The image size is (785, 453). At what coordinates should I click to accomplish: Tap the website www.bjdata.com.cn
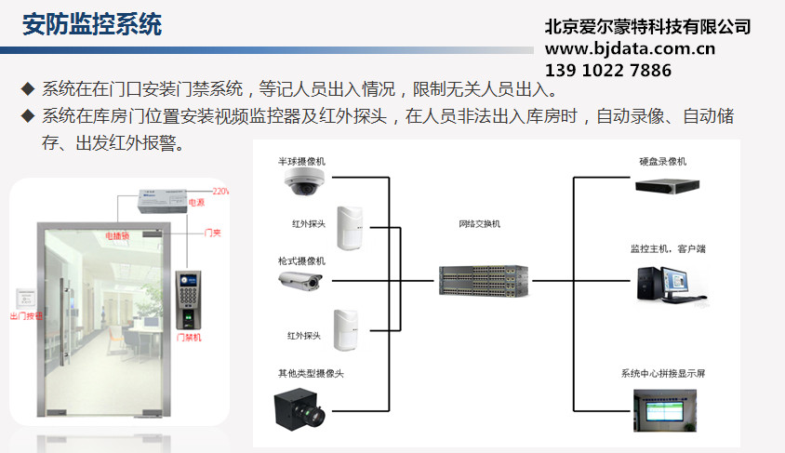(x=630, y=48)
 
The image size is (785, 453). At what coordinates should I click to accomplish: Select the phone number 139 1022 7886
(x=607, y=71)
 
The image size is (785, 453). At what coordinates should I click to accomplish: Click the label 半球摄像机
(x=302, y=162)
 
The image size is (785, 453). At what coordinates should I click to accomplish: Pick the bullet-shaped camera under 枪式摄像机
(x=300, y=279)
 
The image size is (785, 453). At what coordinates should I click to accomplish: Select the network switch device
(x=483, y=279)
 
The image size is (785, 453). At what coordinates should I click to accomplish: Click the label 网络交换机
(x=480, y=224)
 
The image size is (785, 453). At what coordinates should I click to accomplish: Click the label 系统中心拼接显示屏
(x=663, y=374)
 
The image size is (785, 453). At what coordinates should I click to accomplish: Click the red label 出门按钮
(x=26, y=316)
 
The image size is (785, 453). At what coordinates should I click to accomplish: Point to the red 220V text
(x=220, y=192)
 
